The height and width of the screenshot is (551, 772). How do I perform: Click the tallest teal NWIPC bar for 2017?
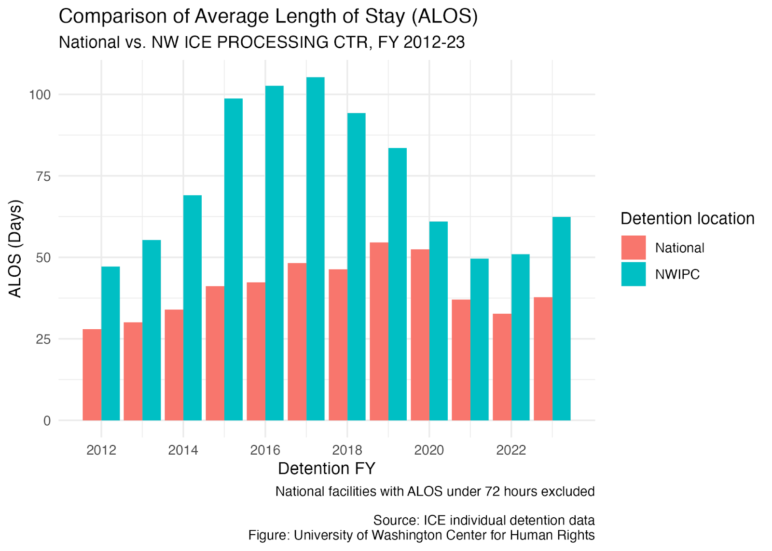316,249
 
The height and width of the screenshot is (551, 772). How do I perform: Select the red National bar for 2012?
92,375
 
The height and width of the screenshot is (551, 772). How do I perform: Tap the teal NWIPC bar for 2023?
562,319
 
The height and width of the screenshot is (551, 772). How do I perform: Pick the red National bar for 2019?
379,331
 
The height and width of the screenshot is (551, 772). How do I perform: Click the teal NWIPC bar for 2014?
193,308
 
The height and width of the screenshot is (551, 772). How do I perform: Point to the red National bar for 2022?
502,367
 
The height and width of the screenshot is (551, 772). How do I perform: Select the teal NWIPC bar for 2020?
439,321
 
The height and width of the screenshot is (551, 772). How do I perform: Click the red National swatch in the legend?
634,248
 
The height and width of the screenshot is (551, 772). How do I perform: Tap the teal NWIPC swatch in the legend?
634,274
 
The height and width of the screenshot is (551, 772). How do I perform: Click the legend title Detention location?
688,219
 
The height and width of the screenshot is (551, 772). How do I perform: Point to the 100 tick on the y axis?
40,94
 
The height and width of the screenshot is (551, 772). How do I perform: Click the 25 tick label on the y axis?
43,339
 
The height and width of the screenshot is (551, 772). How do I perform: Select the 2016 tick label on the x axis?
265,450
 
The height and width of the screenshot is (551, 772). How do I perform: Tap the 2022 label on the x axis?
511,450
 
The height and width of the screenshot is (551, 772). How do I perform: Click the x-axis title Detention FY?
326,469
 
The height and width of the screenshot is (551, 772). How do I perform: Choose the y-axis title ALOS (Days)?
15,249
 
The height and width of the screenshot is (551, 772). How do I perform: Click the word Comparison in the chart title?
114,16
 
